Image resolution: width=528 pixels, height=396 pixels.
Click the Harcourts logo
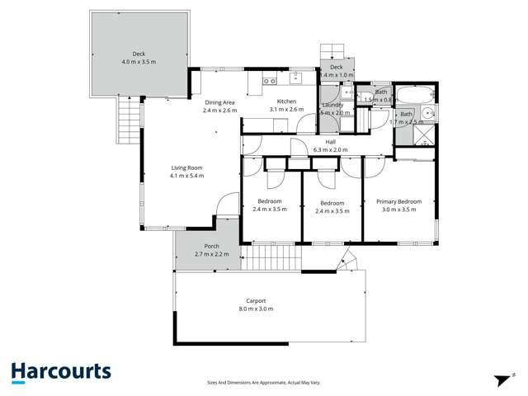pyautogui.click(x=61, y=372)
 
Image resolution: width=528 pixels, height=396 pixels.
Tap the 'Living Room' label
pyautogui.click(x=186, y=167)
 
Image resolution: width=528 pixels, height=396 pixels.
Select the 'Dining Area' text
pyautogui.click(x=219, y=101)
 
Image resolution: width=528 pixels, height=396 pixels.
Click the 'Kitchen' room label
pyautogui.click(x=286, y=101)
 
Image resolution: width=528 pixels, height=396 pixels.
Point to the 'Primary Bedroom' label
pyautogui.click(x=398, y=201)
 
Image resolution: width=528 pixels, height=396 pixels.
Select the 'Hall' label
pyautogui.click(x=330, y=142)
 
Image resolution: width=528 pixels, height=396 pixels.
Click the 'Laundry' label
pyautogui.click(x=332, y=106)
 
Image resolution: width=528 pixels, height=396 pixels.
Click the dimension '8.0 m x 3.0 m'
pyautogui.click(x=255, y=309)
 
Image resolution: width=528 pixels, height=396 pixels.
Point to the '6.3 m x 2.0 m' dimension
pyautogui.click(x=330, y=150)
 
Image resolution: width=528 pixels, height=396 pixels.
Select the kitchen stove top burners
pyautogui.click(x=269, y=81)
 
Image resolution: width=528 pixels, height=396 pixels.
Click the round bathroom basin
pyautogui.click(x=427, y=115)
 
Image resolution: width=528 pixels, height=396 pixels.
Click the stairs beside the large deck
pyautogui.click(x=127, y=120)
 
